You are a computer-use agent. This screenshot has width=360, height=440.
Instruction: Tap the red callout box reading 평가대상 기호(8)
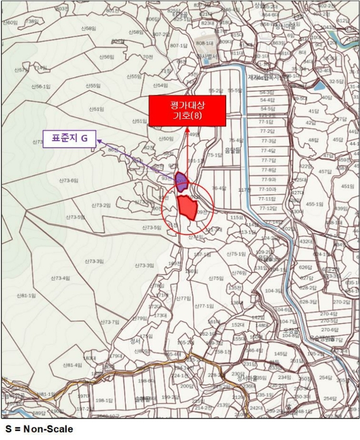point(187,111)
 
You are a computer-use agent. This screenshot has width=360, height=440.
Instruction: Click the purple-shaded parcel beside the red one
point(182,182)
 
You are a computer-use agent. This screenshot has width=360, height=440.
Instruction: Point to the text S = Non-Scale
point(39,430)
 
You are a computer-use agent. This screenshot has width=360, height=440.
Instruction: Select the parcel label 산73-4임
point(61,277)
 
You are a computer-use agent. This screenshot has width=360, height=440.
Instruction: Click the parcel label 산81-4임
point(72,365)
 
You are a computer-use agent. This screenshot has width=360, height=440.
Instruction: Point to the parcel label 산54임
point(160,85)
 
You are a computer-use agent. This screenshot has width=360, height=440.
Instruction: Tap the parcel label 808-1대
point(204,43)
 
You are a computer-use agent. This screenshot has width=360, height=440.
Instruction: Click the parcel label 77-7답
point(268,160)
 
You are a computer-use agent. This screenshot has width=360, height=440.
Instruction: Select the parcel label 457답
point(324,171)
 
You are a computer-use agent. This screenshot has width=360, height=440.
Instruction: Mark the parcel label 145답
point(280,355)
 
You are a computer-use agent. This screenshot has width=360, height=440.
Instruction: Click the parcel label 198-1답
point(104,400)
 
